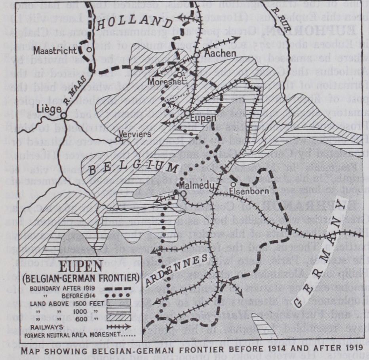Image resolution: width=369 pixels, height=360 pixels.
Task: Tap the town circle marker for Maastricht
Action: tap(89, 49)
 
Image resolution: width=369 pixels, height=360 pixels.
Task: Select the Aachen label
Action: tap(215, 55)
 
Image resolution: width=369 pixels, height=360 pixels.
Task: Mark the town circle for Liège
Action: tap(63, 115)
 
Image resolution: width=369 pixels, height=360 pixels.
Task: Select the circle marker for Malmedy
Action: tap(183, 193)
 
